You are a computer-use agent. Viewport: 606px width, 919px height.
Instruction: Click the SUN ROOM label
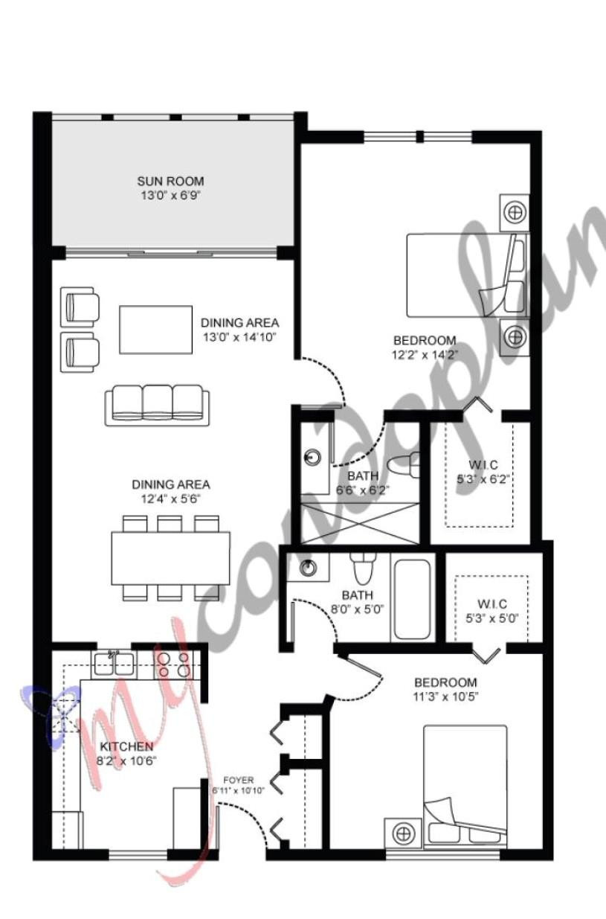[170, 181]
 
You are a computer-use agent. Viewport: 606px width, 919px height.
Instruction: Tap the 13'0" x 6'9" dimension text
[170, 196]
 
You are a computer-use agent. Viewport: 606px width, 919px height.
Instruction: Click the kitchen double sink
[114, 662]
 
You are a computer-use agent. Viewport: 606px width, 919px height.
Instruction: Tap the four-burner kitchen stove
[173, 662]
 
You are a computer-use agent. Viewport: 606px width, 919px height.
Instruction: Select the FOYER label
[238, 780]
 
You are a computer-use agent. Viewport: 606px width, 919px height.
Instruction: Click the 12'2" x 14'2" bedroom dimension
[425, 355]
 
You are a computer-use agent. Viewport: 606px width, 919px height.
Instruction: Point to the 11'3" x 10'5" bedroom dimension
[445, 697]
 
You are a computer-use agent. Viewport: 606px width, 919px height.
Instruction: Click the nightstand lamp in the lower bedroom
[403, 831]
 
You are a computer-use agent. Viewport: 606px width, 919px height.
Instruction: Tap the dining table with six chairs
[170, 557]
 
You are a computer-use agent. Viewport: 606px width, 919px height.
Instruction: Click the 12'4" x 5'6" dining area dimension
[170, 499]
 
